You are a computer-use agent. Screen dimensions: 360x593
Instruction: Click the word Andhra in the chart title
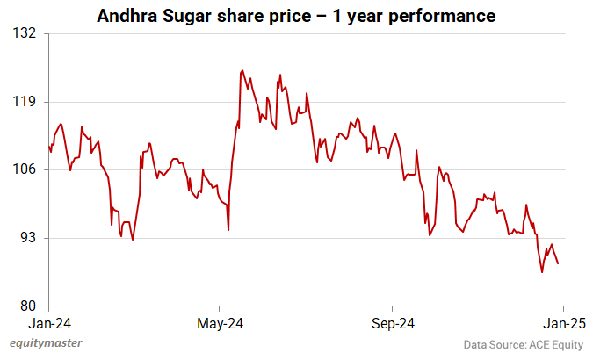[x=129, y=16]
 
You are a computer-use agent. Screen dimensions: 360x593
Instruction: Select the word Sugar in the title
[x=192, y=16]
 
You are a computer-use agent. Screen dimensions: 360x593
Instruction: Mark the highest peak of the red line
[x=242, y=70]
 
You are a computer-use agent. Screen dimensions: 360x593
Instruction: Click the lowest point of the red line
[x=542, y=272]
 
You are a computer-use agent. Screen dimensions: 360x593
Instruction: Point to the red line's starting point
[x=49, y=146]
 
